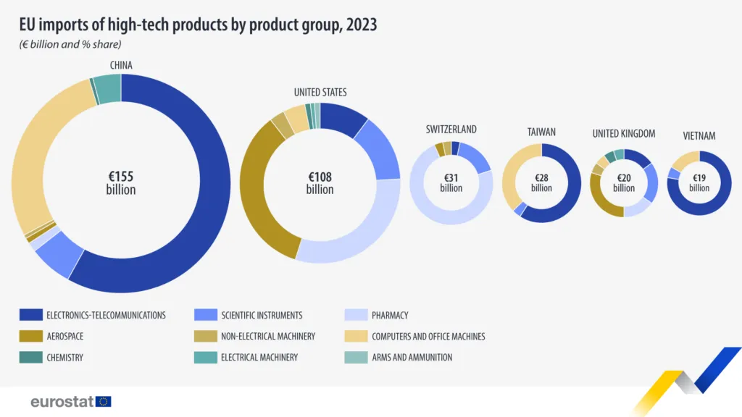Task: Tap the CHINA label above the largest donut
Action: (x=121, y=65)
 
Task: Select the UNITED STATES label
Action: (x=320, y=92)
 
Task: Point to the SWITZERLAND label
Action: (x=451, y=129)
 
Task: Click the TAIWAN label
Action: (x=541, y=132)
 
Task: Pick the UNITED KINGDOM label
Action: (x=624, y=133)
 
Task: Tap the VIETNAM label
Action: (x=699, y=135)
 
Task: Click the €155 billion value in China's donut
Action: (x=121, y=182)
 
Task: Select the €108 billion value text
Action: (x=320, y=182)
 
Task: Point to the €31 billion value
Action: (x=451, y=182)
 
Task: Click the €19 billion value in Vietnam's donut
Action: (x=699, y=182)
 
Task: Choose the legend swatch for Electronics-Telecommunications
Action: (x=30, y=315)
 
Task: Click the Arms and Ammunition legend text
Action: (x=412, y=357)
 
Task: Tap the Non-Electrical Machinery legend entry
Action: (x=268, y=336)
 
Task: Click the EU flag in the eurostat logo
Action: (x=103, y=401)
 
